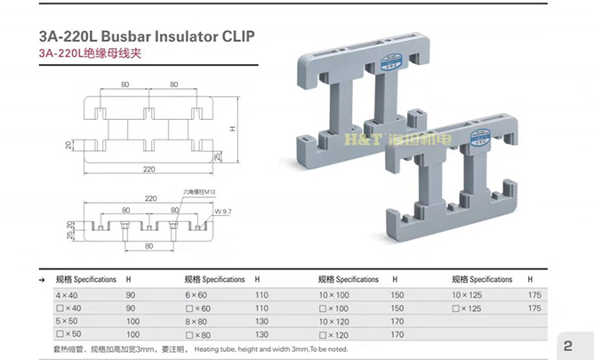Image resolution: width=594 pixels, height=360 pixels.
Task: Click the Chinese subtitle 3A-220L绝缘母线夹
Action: pyautogui.click(x=90, y=52)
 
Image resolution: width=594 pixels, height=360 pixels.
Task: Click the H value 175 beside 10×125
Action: pyautogui.click(x=534, y=294)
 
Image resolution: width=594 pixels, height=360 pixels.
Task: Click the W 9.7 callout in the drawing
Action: pyautogui.click(x=222, y=212)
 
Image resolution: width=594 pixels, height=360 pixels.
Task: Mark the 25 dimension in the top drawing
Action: pyautogui.click(x=218, y=157)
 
